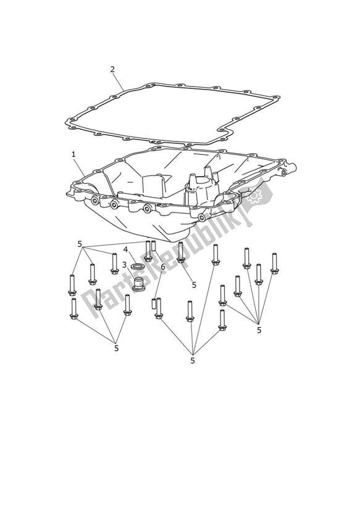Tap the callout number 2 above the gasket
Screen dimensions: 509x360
[112, 69]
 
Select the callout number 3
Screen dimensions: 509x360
[123, 264]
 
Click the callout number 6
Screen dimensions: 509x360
[163, 266]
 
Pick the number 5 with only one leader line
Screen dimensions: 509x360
[194, 285]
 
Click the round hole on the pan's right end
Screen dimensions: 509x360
[284, 173]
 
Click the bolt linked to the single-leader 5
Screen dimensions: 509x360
[180, 252]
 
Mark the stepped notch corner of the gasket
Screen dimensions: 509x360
[223, 130]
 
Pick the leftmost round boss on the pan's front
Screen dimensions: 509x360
[94, 201]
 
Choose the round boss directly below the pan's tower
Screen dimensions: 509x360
[201, 217]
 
